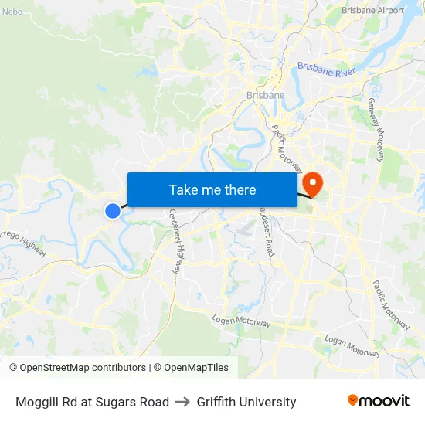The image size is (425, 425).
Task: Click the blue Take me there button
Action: click(x=212, y=189)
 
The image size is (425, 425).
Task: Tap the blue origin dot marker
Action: click(x=113, y=210)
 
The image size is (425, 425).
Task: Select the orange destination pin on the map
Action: click(x=313, y=183)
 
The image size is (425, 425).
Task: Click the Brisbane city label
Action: click(x=265, y=95)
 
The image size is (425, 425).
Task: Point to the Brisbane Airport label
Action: click(x=372, y=11)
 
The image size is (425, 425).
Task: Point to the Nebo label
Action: click(x=12, y=12)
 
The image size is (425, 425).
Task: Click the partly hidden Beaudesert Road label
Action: click(x=267, y=232)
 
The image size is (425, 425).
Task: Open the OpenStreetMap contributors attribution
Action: click(x=77, y=368)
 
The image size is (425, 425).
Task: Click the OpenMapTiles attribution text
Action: click(x=195, y=368)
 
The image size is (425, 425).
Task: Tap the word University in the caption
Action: click(x=270, y=402)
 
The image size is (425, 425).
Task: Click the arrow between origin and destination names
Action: click(x=183, y=402)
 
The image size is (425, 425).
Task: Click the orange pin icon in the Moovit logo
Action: click(x=352, y=400)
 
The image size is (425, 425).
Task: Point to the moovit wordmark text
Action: click(x=384, y=401)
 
